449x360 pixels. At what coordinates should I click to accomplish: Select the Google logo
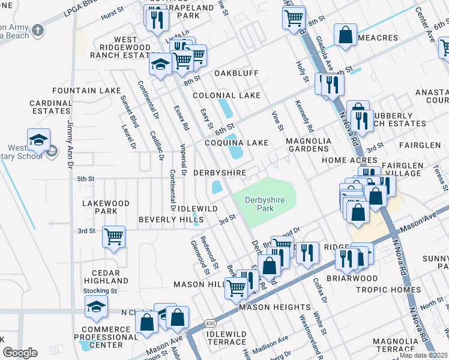click(x=20, y=353)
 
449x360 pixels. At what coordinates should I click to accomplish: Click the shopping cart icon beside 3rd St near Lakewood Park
click(x=113, y=237)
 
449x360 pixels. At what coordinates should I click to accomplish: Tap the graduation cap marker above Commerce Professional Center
click(x=96, y=307)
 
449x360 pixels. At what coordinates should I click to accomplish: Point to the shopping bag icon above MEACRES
click(x=346, y=35)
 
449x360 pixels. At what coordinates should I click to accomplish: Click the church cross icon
click(x=38, y=29)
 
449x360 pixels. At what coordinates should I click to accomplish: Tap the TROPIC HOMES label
click(x=388, y=290)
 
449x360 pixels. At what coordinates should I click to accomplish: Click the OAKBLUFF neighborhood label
click(x=236, y=73)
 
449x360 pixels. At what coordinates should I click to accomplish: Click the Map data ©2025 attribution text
click(x=423, y=355)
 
